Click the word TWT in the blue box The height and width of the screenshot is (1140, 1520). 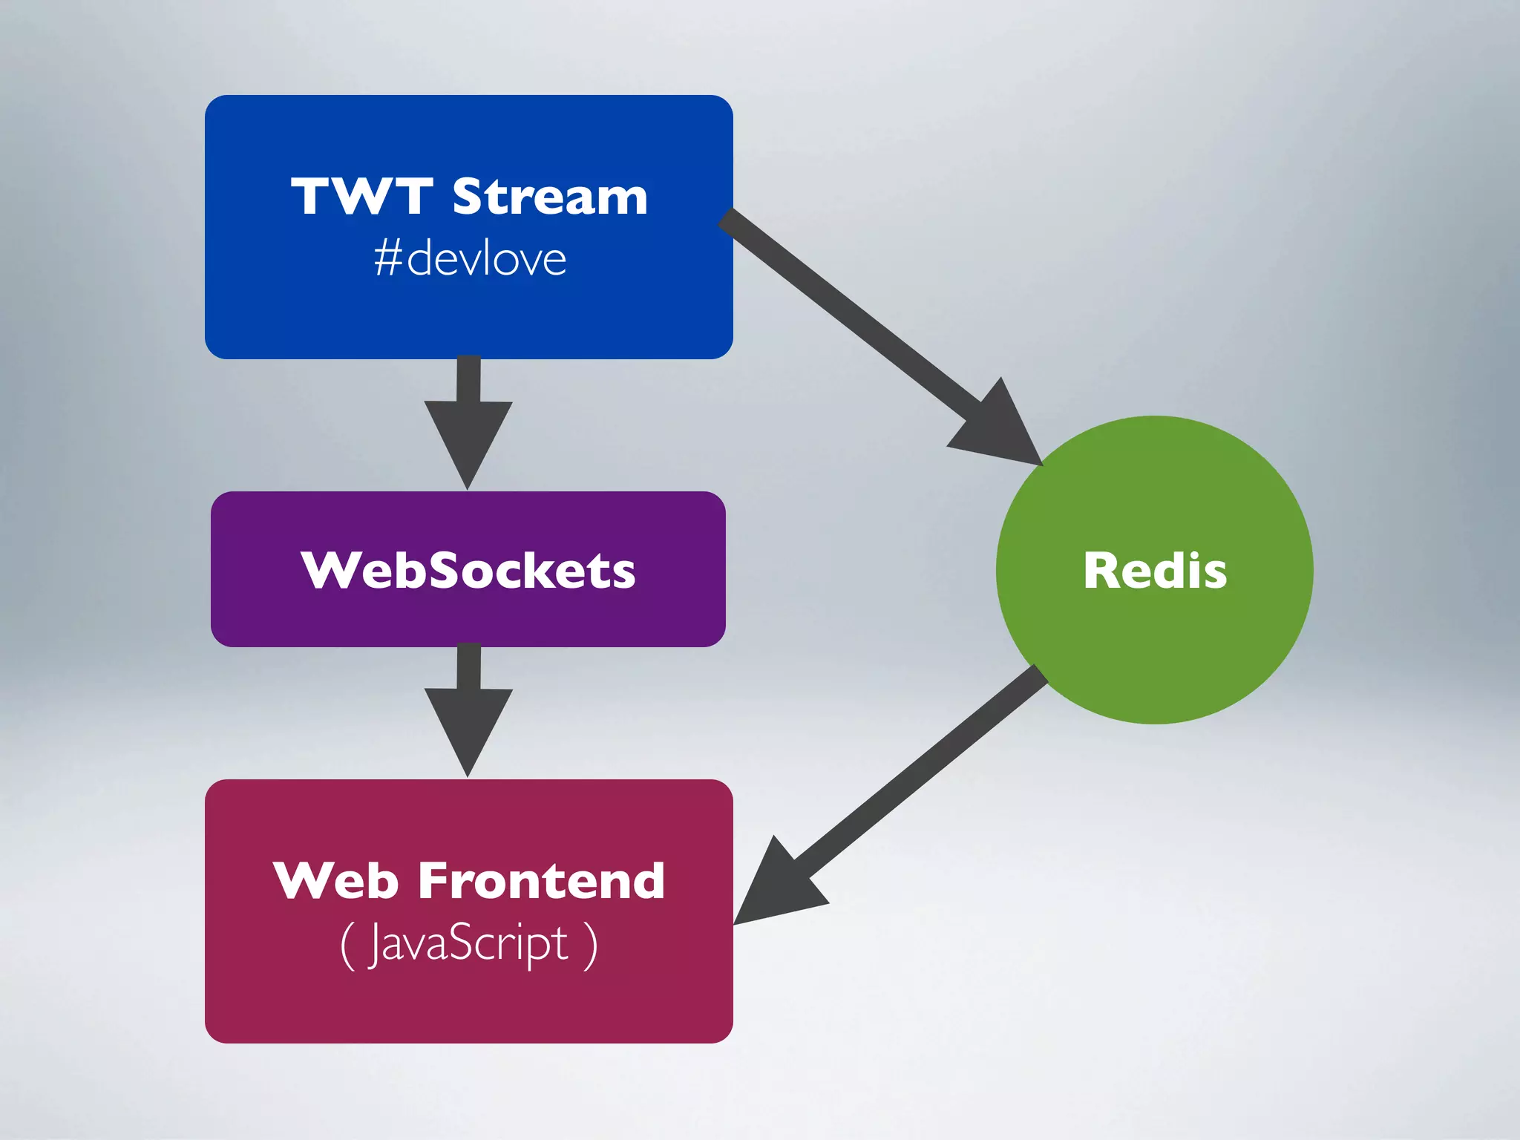tap(361, 197)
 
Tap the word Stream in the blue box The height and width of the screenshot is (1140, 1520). tap(550, 197)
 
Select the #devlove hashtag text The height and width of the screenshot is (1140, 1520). tap(471, 259)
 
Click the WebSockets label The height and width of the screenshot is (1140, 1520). tap(468, 571)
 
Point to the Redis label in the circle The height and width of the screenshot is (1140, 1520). tap(1155, 571)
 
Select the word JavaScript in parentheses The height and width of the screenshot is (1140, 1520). tap(468, 944)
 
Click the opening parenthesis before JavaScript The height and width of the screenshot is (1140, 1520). tap(347, 945)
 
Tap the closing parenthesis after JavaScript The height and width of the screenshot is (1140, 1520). tap(591, 945)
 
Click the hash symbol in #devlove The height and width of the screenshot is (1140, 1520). tap(388, 259)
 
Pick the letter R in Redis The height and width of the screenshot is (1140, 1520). tap(1101, 571)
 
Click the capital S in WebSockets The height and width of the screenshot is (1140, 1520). tap(448, 571)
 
